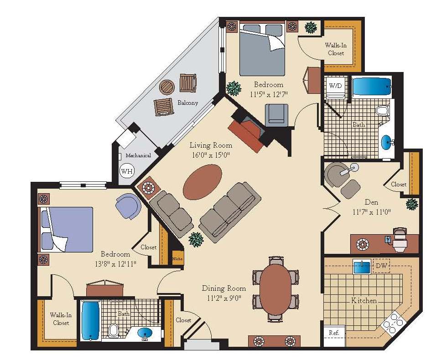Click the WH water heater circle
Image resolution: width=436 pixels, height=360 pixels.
click(127, 171)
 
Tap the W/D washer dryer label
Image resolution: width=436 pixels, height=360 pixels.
click(335, 86)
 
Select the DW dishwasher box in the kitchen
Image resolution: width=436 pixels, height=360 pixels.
click(381, 266)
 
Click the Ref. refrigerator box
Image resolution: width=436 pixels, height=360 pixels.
click(334, 333)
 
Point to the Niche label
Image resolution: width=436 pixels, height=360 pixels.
click(177, 259)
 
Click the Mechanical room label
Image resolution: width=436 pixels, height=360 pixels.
click(138, 155)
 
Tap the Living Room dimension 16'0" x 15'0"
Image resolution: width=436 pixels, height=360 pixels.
click(211, 155)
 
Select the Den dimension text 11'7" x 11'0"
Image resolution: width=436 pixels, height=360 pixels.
click(372, 212)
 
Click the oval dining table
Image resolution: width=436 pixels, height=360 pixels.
click(275, 289)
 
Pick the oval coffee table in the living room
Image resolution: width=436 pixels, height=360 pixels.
click(202, 182)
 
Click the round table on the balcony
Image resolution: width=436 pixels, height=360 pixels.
click(167, 87)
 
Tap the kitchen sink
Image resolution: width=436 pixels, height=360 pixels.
click(362, 267)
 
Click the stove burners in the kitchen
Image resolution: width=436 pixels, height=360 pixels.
click(392, 322)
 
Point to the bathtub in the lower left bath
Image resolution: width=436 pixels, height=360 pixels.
click(90, 320)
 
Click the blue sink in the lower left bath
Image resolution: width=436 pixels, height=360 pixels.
click(145, 333)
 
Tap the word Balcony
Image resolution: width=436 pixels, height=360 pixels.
click(188, 103)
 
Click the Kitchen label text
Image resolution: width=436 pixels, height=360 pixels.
click(363, 300)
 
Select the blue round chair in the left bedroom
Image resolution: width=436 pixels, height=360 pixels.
click(128, 206)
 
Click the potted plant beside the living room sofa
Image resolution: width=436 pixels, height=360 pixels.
click(196, 239)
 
